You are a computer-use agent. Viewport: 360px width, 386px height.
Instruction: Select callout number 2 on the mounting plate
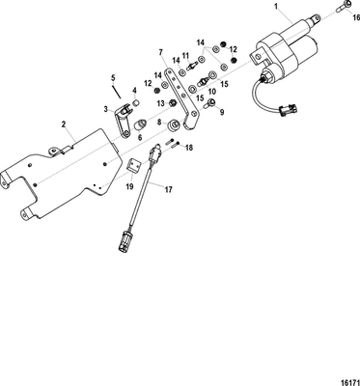click(x=64, y=124)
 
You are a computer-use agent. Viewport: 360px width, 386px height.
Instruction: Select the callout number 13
click(x=161, y=103)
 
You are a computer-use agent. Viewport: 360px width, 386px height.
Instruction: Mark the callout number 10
click(x=211, y=91)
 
